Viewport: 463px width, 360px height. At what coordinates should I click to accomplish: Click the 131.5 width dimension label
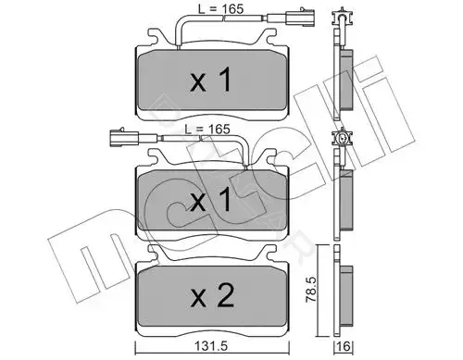pos(211,346)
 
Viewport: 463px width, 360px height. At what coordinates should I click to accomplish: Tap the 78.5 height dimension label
pos(312,289)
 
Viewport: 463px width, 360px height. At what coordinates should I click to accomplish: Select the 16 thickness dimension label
pos(344,346)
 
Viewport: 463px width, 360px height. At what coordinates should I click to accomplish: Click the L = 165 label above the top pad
pos(220,9)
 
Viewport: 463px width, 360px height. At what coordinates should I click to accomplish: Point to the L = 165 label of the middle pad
pos(207,129)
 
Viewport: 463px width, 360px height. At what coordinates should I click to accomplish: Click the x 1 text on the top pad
pos(211,81)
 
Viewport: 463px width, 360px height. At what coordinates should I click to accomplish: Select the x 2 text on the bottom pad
pos(212,295)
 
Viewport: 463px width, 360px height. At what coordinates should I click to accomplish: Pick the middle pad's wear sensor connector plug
pos(124,137)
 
